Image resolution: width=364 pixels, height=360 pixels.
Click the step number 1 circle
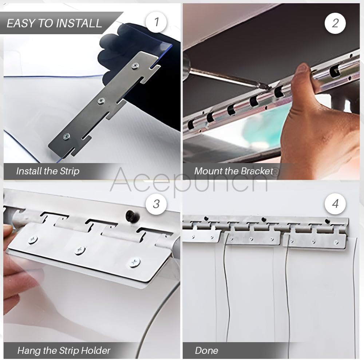157,22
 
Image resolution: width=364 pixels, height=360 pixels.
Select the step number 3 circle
156,203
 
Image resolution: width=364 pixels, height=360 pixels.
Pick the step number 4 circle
335,203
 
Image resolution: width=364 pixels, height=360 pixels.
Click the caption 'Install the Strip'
48,171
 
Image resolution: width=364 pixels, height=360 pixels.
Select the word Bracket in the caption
257,171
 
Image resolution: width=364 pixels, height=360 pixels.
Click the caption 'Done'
206,351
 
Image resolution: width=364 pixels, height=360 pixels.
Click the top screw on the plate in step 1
135,66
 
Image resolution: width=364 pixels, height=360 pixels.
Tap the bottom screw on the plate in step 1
66,137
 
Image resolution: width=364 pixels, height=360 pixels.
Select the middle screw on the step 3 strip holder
80,250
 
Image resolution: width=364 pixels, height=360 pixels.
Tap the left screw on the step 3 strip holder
32,240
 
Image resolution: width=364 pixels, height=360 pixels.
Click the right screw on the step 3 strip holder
134,262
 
